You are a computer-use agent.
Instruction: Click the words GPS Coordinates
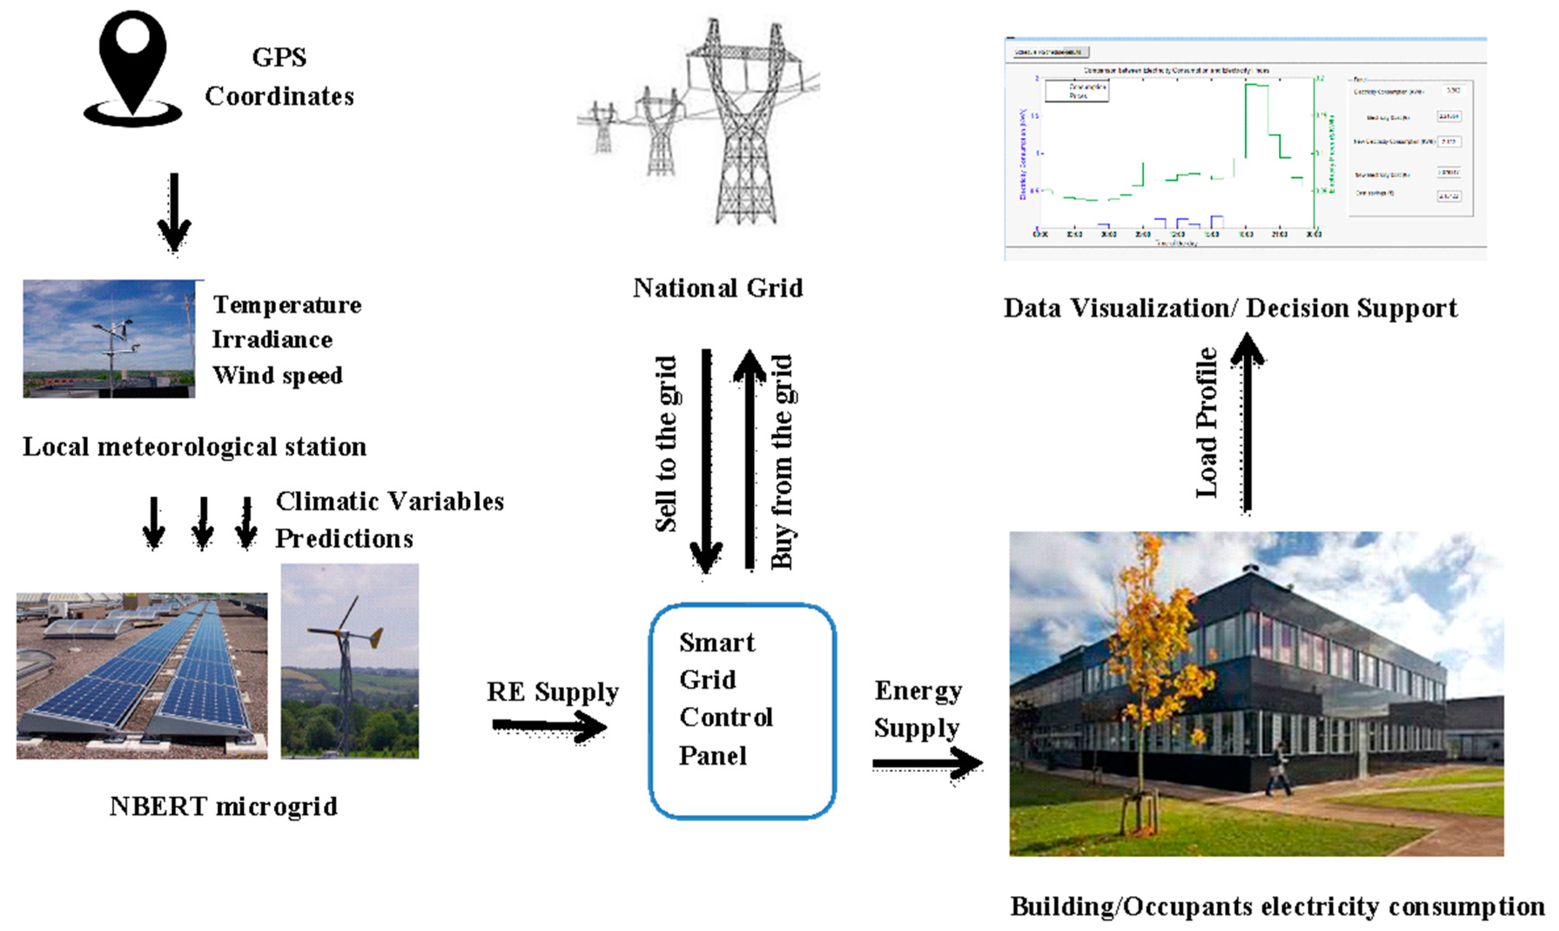279,77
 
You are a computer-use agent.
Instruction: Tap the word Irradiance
272,339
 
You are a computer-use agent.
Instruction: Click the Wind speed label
277,375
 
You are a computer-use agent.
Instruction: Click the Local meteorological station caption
195,447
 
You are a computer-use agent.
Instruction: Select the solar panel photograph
142,676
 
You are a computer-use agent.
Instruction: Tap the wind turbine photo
349,661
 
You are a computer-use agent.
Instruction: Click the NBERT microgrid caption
223,806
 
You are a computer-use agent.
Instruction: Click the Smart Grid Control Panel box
742,711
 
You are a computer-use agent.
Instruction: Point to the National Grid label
718,288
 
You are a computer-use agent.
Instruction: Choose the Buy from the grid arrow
749,461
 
